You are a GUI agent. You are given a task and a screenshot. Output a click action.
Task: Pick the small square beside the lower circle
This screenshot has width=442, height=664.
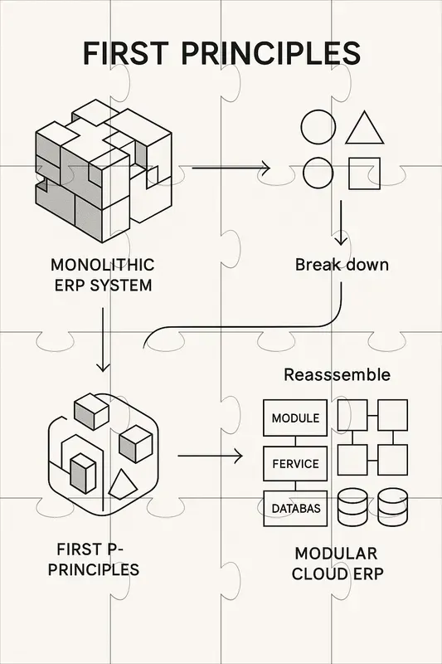click(x=363, y=173)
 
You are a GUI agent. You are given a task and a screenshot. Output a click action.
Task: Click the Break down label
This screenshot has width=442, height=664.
click(x=342, y=266)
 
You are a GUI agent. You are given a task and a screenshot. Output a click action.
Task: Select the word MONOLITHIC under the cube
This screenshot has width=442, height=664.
click(x=103, y=266)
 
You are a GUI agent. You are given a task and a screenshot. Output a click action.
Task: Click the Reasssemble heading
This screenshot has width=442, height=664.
click(x=337, y=374)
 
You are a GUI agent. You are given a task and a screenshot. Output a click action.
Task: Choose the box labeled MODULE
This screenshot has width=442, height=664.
click(x=295, y=418)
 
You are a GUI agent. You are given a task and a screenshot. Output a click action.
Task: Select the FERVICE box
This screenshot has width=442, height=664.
click(x=295, y=464)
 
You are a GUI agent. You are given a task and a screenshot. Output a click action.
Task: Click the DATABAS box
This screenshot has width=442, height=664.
click(x=295, y=508)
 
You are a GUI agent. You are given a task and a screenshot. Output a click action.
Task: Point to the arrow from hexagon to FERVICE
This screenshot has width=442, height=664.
click(x=209, y=456)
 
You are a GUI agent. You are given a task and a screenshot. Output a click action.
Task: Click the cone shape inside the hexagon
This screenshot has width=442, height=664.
click(x=121, y=482)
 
